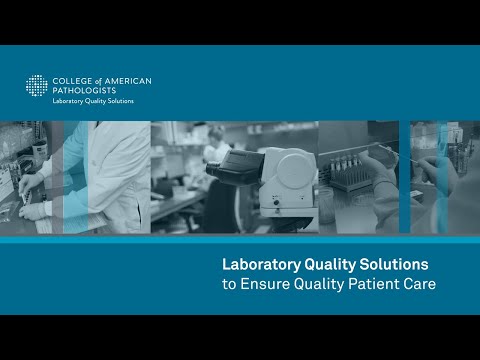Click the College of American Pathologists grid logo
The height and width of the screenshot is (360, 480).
(x=37, y=86)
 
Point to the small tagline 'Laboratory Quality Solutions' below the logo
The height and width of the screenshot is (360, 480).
(x=93, y=101)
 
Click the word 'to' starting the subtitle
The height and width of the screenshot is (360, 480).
(x=228, y=284)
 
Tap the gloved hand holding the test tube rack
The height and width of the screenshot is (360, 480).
(x=380, y=180)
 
